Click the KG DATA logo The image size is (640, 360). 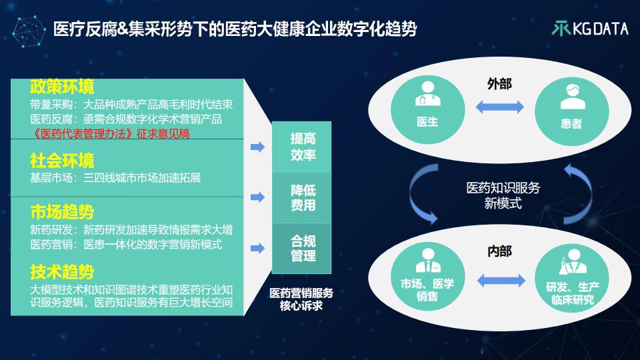point(590,29)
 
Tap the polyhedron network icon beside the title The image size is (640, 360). point(29,31)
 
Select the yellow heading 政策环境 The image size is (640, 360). point(62,87)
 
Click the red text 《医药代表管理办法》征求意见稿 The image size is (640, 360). point(110,133)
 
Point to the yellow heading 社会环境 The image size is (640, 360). point(62,161)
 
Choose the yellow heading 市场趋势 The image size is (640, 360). point(62,212)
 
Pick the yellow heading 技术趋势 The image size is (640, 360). point(62,272)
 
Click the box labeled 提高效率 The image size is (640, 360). point(301,147)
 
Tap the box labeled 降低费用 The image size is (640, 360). point(301,198)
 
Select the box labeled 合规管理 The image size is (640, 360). point(301,249)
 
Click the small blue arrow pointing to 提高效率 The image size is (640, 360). point(257,147)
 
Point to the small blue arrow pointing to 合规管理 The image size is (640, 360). point(257,248)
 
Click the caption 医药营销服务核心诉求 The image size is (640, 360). point(301,299)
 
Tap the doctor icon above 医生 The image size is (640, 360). point(427,94)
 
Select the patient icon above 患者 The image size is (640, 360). point(572,96)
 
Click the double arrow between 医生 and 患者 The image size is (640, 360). point(499,107)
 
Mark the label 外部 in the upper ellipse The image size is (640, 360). point(499,84)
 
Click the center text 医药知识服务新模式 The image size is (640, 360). point(503,195)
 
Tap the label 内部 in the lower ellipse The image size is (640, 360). point(499,251)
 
